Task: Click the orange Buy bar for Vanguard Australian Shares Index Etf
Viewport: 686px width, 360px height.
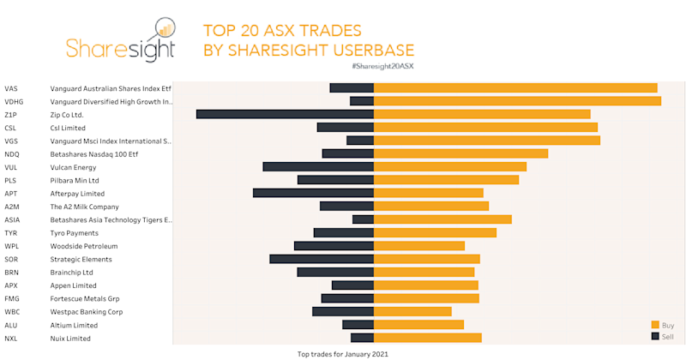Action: click(514, 87)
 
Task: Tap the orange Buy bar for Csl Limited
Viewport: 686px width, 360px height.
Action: click(485, 127)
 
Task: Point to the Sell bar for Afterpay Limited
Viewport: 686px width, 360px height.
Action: click(313, 193)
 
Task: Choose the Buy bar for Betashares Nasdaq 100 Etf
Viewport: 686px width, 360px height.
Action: click(460, 153)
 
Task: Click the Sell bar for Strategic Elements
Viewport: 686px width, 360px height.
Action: click(322, 259)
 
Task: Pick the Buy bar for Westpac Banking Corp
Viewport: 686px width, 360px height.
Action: click(412, 311)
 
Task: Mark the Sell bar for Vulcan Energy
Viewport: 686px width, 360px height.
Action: click(318, 166)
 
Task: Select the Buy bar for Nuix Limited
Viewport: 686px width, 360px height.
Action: click(428, 338)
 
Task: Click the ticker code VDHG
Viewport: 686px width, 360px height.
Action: click(14, 101)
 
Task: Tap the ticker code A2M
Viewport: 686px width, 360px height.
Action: click(12, 207)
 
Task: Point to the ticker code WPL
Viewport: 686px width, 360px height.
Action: click(12, 246)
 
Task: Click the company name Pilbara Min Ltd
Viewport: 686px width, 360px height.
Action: click(75, 180)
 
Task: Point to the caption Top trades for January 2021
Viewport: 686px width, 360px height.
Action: click(343, 353)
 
